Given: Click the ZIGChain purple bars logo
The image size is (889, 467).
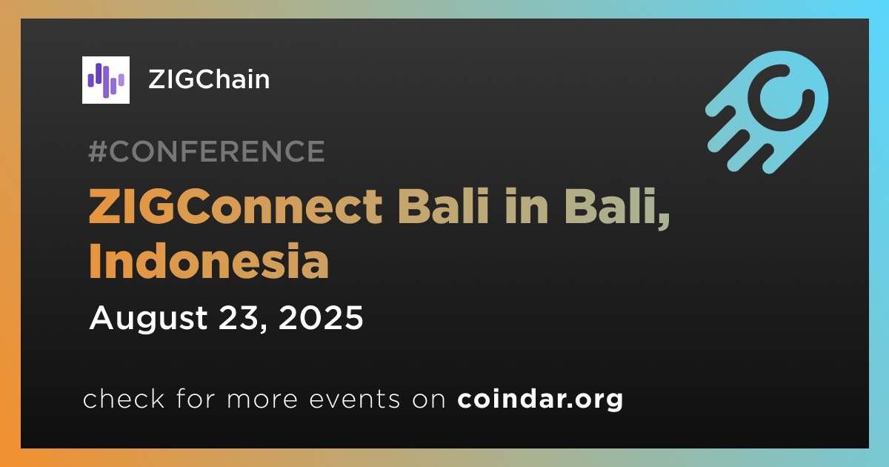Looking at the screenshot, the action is tap(105, 80).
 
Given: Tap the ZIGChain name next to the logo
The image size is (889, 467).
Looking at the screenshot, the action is tap(209, 79).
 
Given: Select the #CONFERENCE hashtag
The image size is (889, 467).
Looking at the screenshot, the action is tap(207, 151).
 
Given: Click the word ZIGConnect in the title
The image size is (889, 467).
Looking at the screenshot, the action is tap(236, 207).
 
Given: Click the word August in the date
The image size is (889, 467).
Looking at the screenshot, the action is tap(148, 319).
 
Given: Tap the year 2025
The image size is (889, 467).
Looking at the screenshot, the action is tap(321, 318).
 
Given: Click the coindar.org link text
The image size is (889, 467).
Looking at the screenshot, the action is tap(540, 400).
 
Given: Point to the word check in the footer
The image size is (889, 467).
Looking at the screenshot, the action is tap(124, 399).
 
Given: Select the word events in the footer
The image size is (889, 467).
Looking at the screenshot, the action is tap(354, 400).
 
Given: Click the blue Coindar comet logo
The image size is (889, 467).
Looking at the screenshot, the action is tap(767, 112).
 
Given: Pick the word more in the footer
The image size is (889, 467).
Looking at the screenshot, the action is tap(262, 400).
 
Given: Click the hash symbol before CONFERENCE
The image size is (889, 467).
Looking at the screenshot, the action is tap(98, 151).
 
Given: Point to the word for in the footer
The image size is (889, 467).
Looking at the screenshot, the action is tap(196, 399).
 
